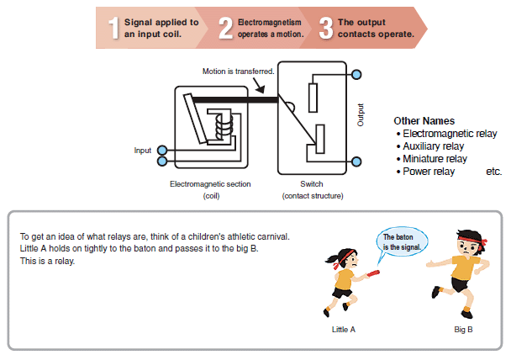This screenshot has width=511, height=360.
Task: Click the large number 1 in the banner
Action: [x=113, y=28]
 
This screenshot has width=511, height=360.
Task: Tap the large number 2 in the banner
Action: [x=225, y=28]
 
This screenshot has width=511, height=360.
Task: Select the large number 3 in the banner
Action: [x=326, y=28]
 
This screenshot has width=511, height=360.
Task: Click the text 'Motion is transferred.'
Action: [x=238, y=71]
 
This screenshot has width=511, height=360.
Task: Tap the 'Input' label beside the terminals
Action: [x=143, y=151]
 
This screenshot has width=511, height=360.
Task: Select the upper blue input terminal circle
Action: [x=162, y=151]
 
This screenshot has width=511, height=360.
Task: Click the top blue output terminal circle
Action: [x=357, y=75]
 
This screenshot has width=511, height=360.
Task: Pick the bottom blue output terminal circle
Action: [x=357, y=161]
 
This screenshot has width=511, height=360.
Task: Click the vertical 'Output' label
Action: [x=361, y=115]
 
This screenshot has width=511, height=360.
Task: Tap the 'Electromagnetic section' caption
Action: [x=210, y=183]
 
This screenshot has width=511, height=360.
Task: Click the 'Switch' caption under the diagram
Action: [x=311, y=183]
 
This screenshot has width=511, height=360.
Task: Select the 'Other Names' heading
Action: [x=424, y=121]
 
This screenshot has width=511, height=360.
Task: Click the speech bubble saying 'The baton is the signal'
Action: [x=399, y=241]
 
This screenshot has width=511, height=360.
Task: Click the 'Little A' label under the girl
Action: [x=344, y=329]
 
